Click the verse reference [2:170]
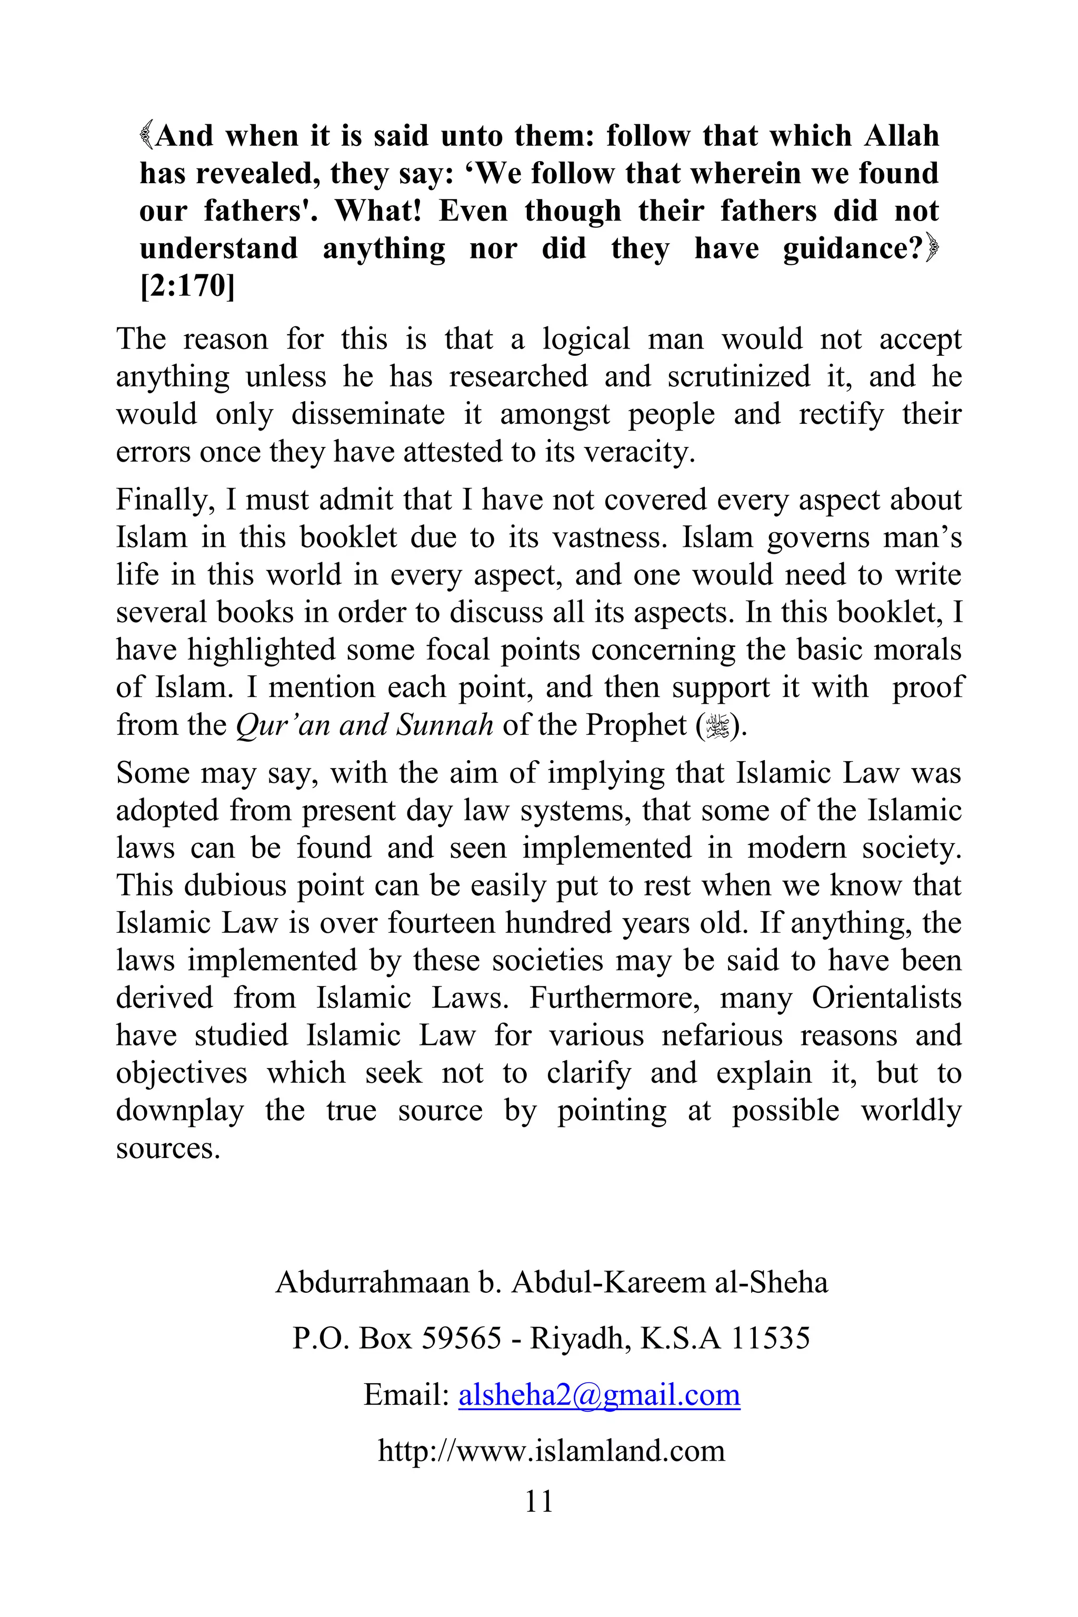187,286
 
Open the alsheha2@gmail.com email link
599,1395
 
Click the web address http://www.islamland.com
552,1450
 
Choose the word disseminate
368,415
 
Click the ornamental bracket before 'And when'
146,135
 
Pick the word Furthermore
614,997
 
